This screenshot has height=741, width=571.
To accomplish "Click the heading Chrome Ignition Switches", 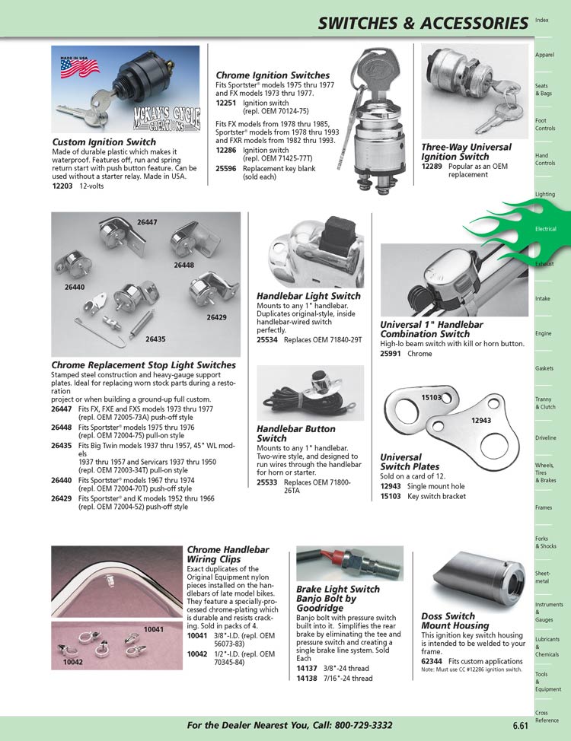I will (273, 75).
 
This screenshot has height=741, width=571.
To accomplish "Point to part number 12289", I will (432, 167).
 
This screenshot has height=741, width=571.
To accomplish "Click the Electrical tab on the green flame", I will (546, 228).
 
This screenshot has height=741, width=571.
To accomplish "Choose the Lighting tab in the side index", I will (544, 194).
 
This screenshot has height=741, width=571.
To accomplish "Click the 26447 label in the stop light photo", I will (147, 222).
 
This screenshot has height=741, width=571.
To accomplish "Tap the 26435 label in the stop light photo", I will (155, 339).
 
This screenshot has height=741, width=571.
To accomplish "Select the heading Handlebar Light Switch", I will (308, 295).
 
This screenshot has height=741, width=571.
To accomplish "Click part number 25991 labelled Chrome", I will (391, 354).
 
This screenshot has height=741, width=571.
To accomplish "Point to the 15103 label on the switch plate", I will (432, 397).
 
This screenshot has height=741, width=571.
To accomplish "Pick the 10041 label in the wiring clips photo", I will (154, 629).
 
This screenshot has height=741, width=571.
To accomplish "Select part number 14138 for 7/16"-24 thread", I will (307, 678).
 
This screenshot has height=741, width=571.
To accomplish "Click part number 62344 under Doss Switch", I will (432, 662).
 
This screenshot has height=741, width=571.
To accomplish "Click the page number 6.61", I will (522, 726).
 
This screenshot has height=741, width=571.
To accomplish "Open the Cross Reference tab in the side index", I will (547, 716).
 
